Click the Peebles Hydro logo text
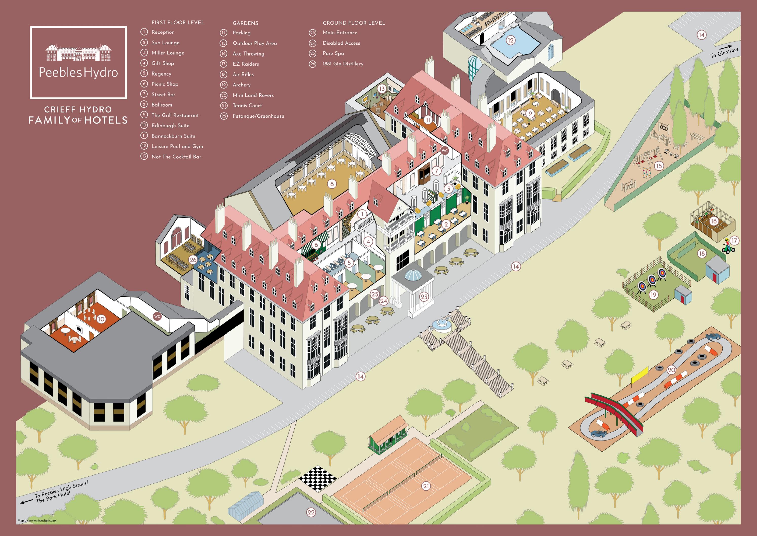click(x=78, y=72)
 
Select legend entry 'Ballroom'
click(x=162, y=105)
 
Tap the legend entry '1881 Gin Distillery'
click(x=343, y=64)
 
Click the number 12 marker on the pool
click(x=510, y=40)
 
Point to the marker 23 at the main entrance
click(x=424, y=297)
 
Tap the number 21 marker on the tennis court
click(x=426, y=486)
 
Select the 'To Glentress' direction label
click(x=724, y=52)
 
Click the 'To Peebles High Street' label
click(x=61, y=491)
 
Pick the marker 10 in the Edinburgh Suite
click(x=101, y=319)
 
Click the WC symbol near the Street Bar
click(x=444, y=151)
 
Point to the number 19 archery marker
click(x=653, y=294)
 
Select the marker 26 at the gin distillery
click(x=193, y=260)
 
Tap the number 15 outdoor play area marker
click(x=659, y=166)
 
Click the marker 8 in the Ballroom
click(x=332, y=184)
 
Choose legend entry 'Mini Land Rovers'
click(x=253, y=95)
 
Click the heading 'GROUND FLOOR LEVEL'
click(x=353, y=23)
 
